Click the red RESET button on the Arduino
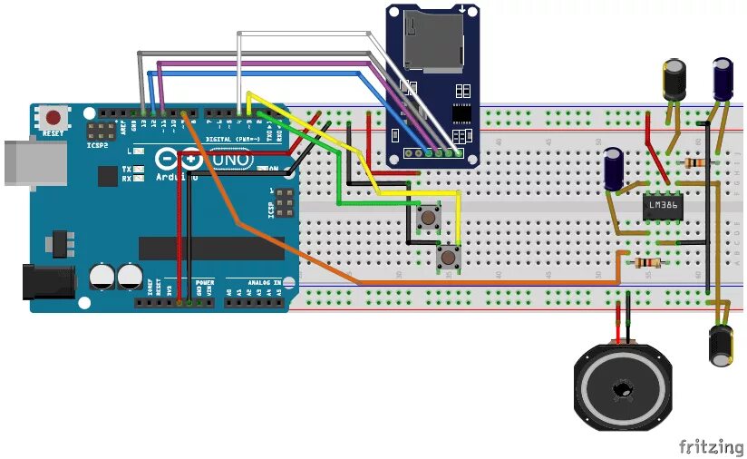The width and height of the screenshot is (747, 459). click(x=55, y=118)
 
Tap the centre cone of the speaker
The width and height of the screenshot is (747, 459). click(x=623, y=391)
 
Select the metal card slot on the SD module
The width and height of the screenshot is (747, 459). click(x=431, y=42)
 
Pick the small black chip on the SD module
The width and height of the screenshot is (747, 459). click(x=462, y=113)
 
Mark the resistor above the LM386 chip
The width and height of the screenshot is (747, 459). click(x=696, y=162)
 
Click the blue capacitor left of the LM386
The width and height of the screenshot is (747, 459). click(x=616, y=170)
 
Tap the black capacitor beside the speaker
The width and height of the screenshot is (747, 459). click(x=722, y=345)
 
